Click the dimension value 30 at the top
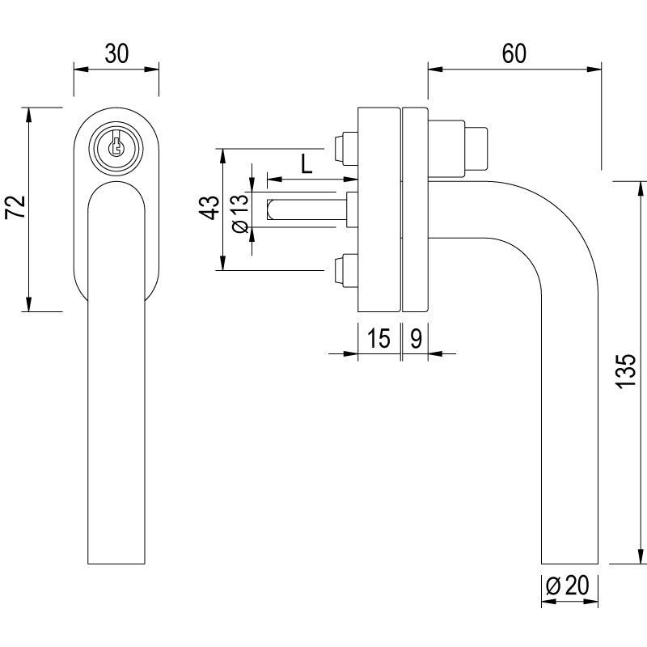[x=116, y=54]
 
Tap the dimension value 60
[x=514, y=54]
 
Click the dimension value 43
[x=209, y=209]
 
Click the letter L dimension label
[x=307, y=164]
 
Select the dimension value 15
[x=378, y=338]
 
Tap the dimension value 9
[x=414, y=338]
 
